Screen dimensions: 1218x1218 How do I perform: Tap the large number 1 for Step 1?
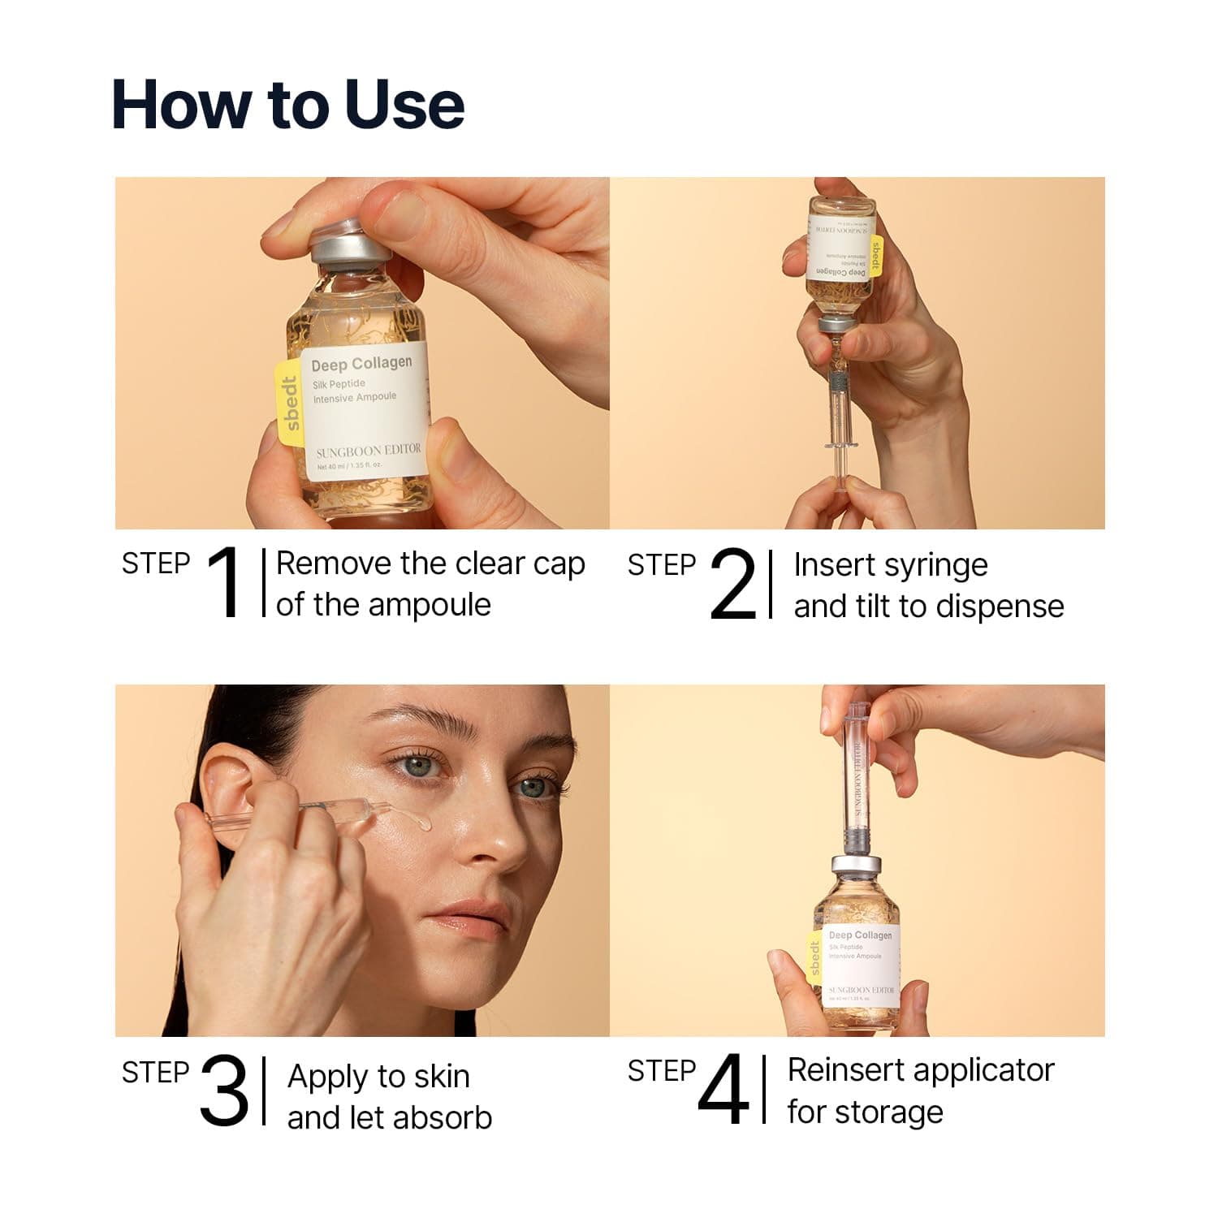coord(224,583)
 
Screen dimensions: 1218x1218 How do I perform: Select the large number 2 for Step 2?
coord(732,585)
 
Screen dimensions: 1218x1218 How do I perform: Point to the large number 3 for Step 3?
coord(224,1091)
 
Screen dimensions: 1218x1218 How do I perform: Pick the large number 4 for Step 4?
coord(723,1091)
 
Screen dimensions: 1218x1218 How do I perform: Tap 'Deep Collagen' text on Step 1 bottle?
coord(361,364)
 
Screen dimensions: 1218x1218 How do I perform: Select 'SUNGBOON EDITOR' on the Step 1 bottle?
coord(369,449)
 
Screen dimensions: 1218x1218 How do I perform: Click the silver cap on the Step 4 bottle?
coord(857,867)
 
